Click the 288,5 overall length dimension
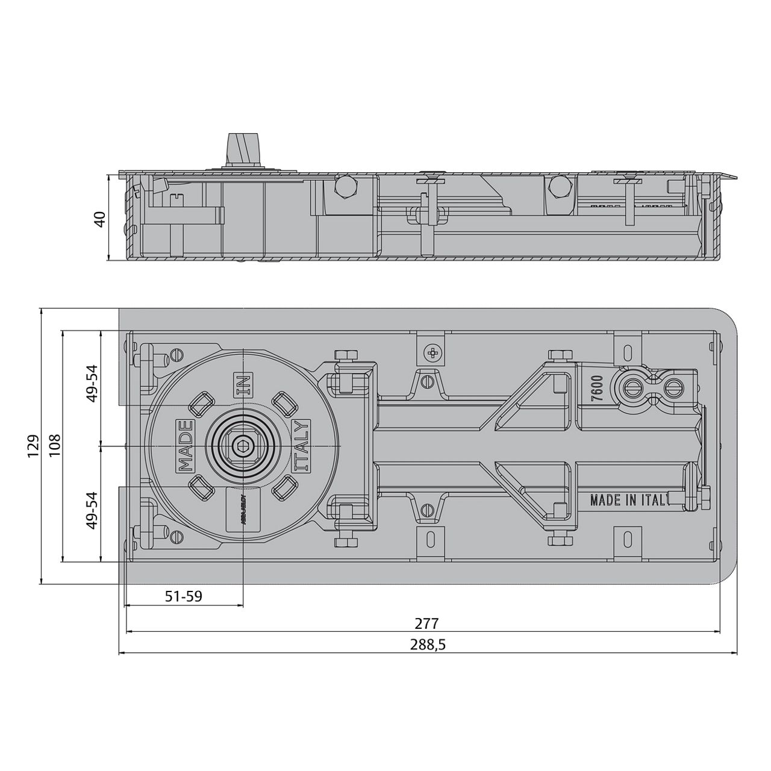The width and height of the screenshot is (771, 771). click(x=428, y=645)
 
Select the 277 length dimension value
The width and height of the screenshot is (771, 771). click(x=426, y=623)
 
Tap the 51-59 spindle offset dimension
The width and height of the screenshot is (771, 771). click(x=184, y=596)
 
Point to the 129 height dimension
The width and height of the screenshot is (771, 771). click(x=34, y=446)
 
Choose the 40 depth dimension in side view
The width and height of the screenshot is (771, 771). click(x=101, y=218)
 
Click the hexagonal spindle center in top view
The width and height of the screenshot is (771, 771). click(x=243, y=446)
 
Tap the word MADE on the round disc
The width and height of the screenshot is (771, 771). click(x=185, y=446)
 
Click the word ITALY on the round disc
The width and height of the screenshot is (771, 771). click(x=301, y=446)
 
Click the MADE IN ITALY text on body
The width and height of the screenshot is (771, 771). click(x=629, y=500)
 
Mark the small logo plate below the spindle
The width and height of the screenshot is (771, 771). click(x=243, y=509)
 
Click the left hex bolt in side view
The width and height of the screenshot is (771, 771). click(x=346, y=187)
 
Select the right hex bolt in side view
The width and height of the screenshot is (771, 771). click(x=559, y=188)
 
